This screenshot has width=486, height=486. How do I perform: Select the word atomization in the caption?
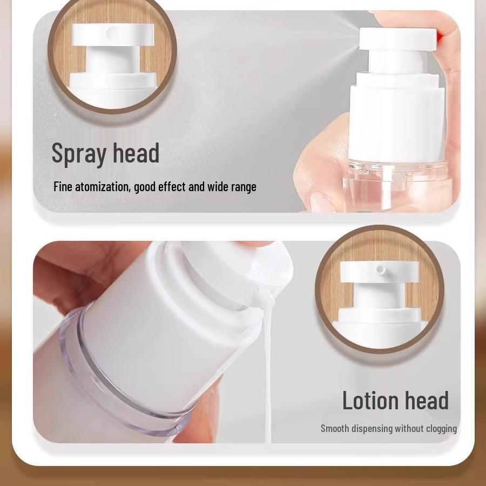(x=103, y=187)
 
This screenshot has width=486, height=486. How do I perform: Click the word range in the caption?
(x=243, y=187)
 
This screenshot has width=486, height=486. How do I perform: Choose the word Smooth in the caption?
(x=336, y=429)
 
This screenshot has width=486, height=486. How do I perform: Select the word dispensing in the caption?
(x=373, y=429)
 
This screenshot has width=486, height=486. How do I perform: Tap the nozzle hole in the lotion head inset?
(x=381, y=268)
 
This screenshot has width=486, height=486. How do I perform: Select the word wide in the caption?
(x=215, y=187)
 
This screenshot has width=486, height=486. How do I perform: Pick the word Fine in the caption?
(x=63, y=187)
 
